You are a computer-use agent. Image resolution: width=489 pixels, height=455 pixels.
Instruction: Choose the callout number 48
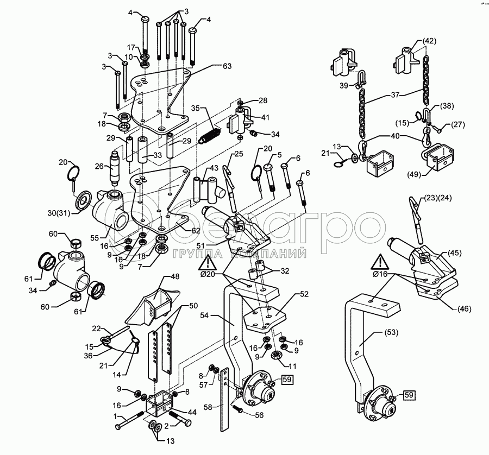tap(174, 277)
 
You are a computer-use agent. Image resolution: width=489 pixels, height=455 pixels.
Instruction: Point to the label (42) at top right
tap(429, 40)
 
